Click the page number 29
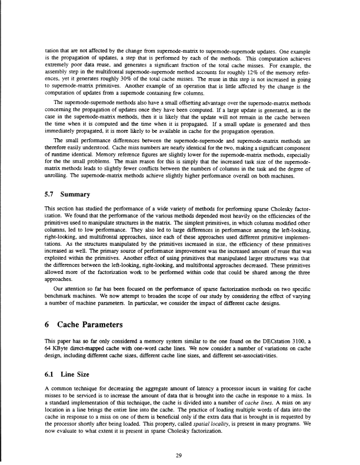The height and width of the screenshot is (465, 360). coord(180,437)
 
